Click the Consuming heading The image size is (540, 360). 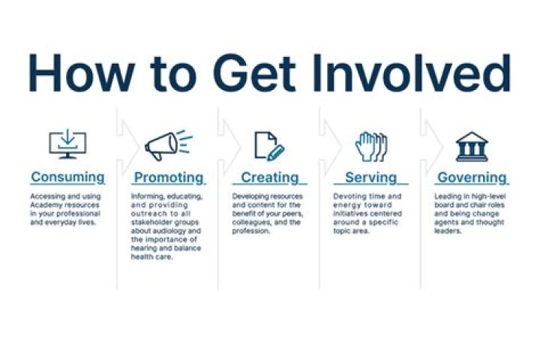click(67, 178)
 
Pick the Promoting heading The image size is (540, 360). click(169, 178)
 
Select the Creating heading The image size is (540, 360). click(269, 178)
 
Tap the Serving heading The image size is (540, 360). click(370, 178)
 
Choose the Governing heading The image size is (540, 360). click(472, 178)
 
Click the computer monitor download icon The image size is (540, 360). click(67, 143)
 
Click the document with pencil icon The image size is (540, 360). click(269, 144)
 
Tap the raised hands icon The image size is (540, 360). click(370, 144)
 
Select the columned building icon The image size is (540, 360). click(472, 145)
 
